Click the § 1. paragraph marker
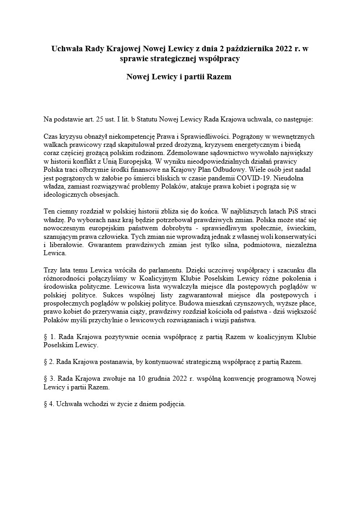49,337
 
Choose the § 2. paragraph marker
49,362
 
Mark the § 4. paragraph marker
49,403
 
